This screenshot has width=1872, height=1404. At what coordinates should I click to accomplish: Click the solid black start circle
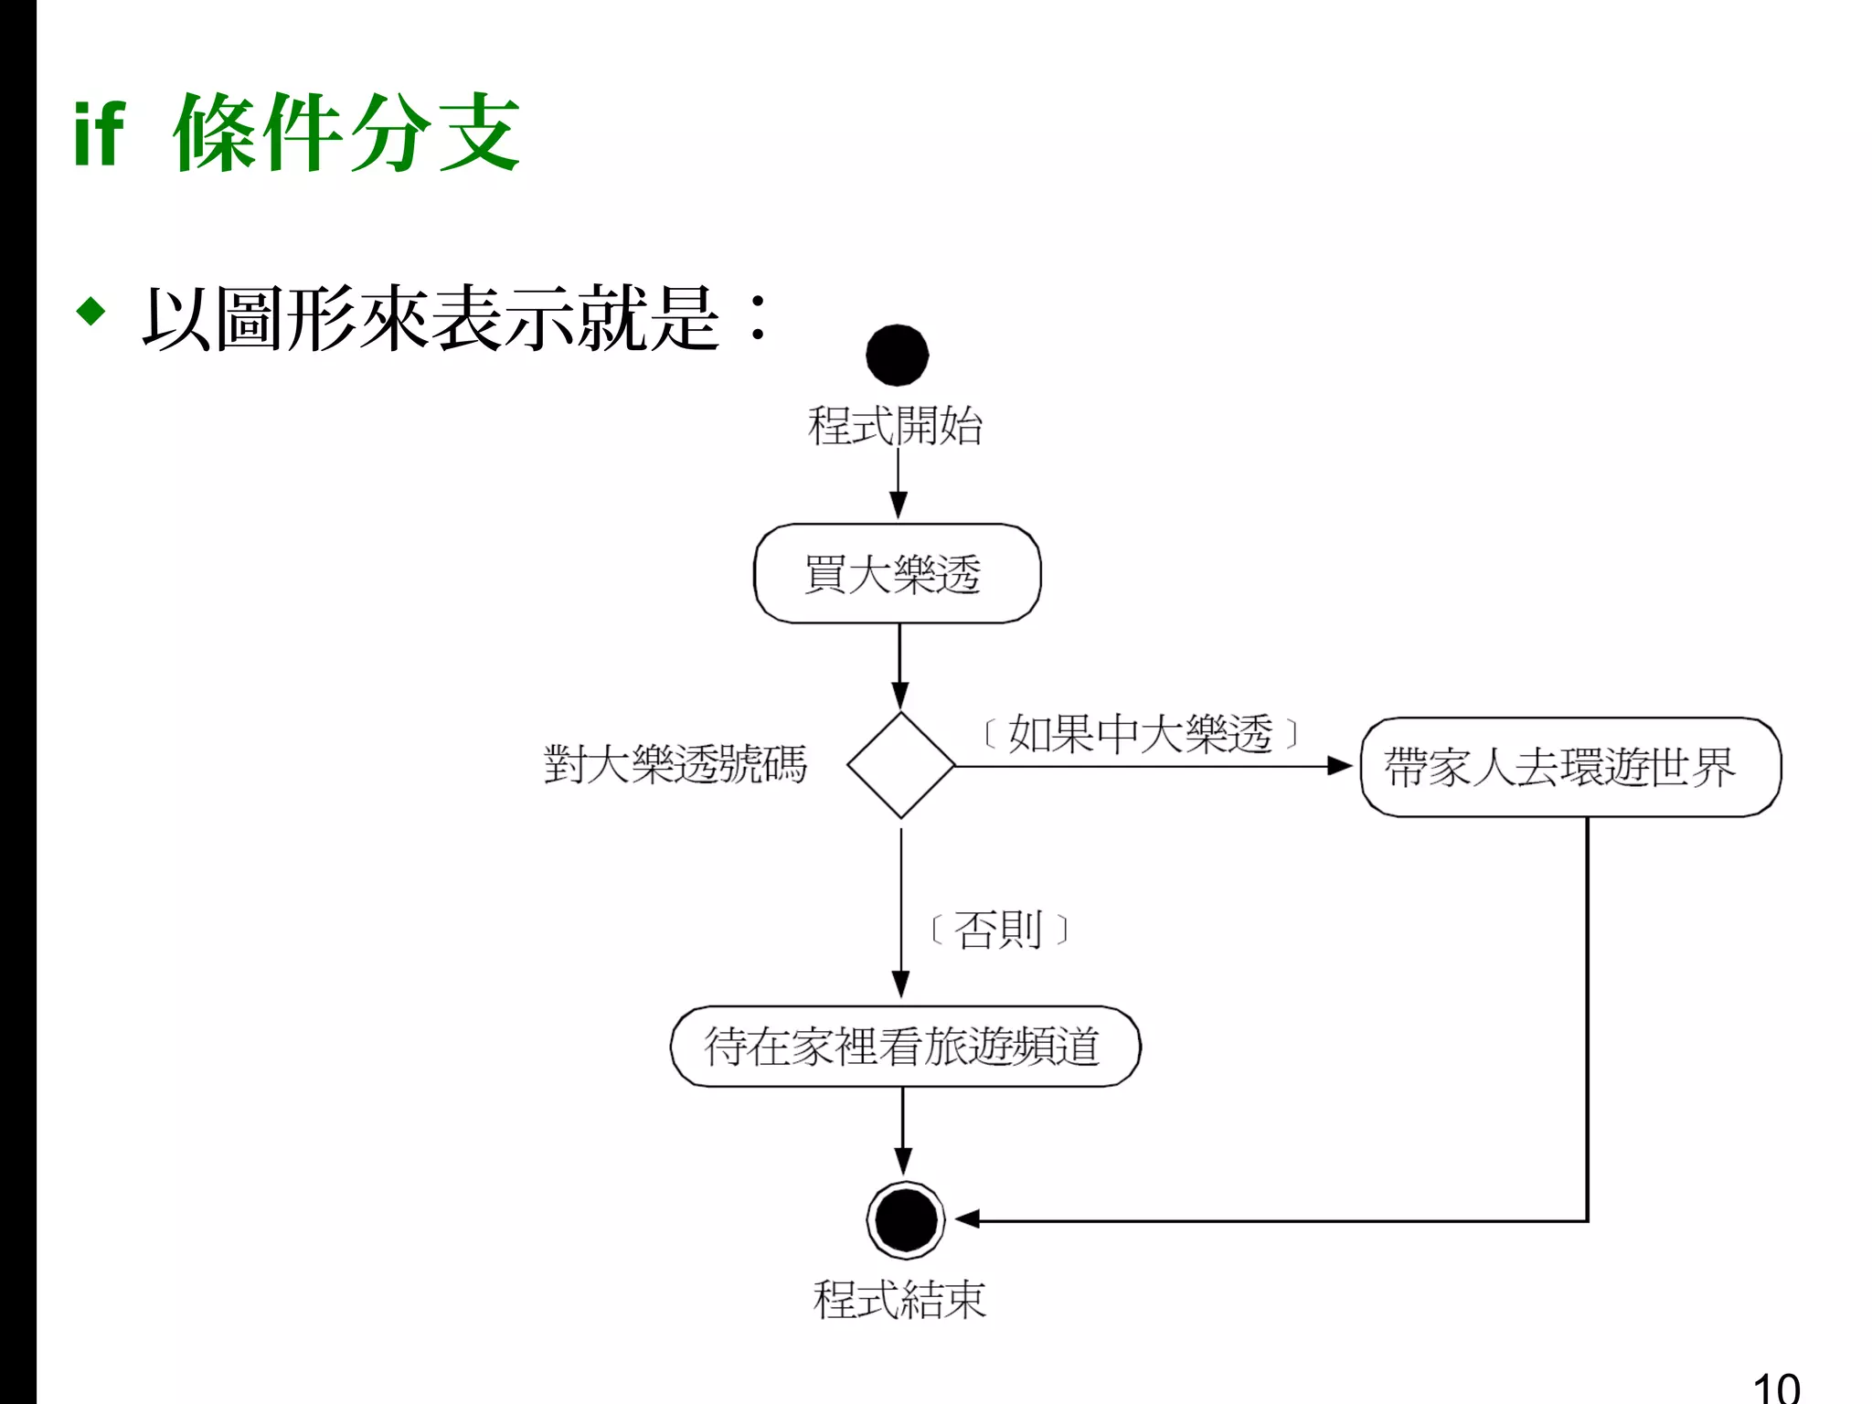[x=897, y=356]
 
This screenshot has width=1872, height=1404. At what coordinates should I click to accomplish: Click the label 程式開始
[x=895, y=426]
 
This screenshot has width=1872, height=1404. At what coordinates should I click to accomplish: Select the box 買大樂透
[x=897, y=574]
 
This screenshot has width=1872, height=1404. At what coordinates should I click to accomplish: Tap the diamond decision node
[x=900, y=765]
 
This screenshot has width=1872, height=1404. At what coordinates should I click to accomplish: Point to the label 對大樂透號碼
[x=675, y=764]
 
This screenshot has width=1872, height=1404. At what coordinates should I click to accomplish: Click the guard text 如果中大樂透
[x=1140, y=734]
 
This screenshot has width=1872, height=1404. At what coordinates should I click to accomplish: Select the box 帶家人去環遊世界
[x=1569, y=767]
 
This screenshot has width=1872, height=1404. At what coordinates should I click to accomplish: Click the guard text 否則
[x=998, y=931]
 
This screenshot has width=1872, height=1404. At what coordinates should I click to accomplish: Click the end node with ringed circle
[x=905, y=1220]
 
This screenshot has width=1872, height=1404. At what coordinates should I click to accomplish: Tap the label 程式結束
[x=899, y=1299]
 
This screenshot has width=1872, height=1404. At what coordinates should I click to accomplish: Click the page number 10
[x=1776, y=1388]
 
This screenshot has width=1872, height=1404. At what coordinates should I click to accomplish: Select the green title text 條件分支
[x=346, y=133]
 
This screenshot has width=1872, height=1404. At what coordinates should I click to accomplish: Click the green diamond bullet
[x=91, y=311]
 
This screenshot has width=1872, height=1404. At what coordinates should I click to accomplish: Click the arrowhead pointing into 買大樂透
[x=899, y=505]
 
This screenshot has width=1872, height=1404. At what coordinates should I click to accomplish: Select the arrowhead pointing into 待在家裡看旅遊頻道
[x=901, y=985]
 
